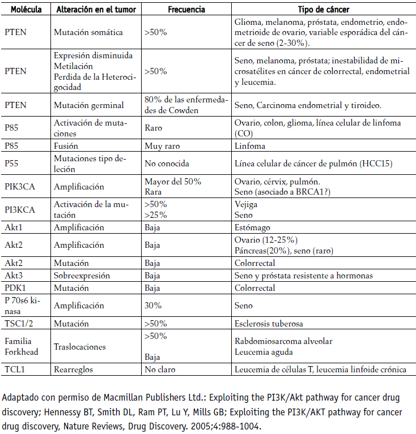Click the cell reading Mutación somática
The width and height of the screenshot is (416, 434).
point(88,32)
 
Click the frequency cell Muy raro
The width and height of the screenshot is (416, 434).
point(162,145)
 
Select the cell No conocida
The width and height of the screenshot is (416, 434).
point(167,164)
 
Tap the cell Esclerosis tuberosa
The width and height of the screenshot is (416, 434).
point(269,324)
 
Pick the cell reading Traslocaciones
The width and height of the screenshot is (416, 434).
point(80,346)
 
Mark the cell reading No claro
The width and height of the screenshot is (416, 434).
point(160,369)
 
